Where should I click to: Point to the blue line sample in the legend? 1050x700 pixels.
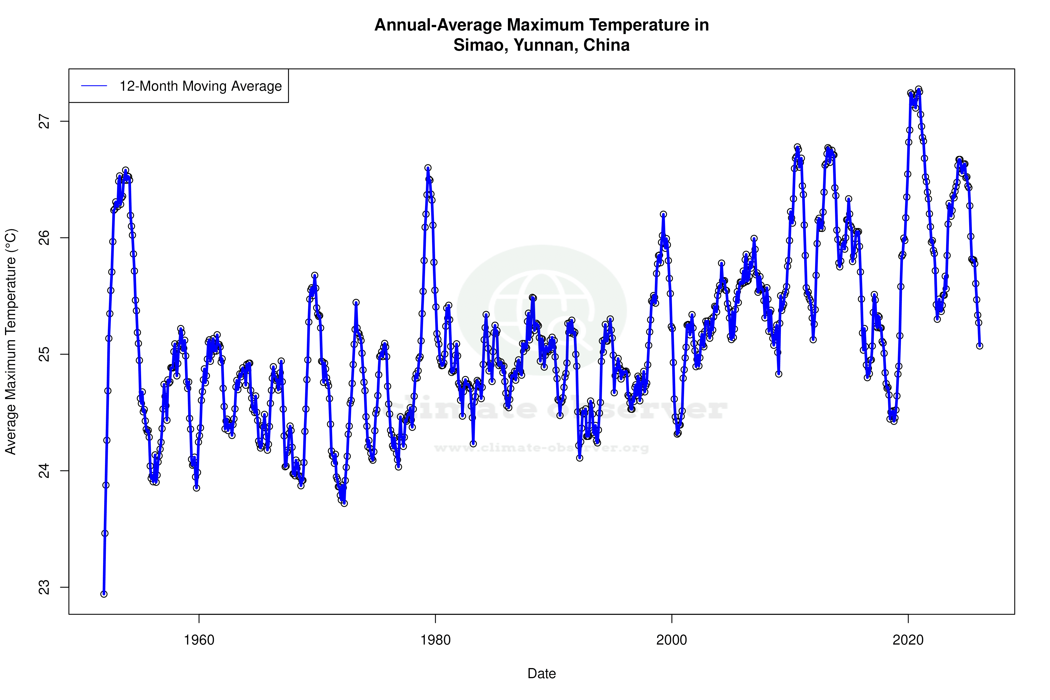point(94,86)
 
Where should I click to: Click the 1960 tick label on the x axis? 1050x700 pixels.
point(199,640)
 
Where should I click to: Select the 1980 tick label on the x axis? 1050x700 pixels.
point(435,640)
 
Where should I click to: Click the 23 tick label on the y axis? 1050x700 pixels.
point(45,587)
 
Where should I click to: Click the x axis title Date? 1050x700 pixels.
point(542,674)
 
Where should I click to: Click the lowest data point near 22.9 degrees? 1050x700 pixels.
point(104,594)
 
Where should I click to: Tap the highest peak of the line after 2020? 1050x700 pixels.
point(919,89)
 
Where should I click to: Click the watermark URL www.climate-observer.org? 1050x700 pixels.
point(542,448)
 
